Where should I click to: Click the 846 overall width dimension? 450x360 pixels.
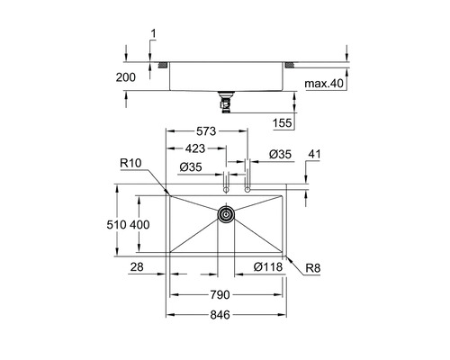[220, 315]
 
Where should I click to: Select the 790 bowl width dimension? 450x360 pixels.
[220, 295]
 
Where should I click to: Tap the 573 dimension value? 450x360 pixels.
[206, 131]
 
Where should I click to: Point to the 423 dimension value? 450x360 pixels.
[195, 148]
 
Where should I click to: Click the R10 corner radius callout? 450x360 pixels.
[130, 163]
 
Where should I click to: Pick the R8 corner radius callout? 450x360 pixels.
[313, 268]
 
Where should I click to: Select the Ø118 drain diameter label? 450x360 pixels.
[268, 266]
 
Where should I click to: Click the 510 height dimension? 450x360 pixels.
[116, 225]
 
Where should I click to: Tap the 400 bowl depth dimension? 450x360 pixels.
[139, 225]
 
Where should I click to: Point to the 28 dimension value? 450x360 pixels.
[137, 266]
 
